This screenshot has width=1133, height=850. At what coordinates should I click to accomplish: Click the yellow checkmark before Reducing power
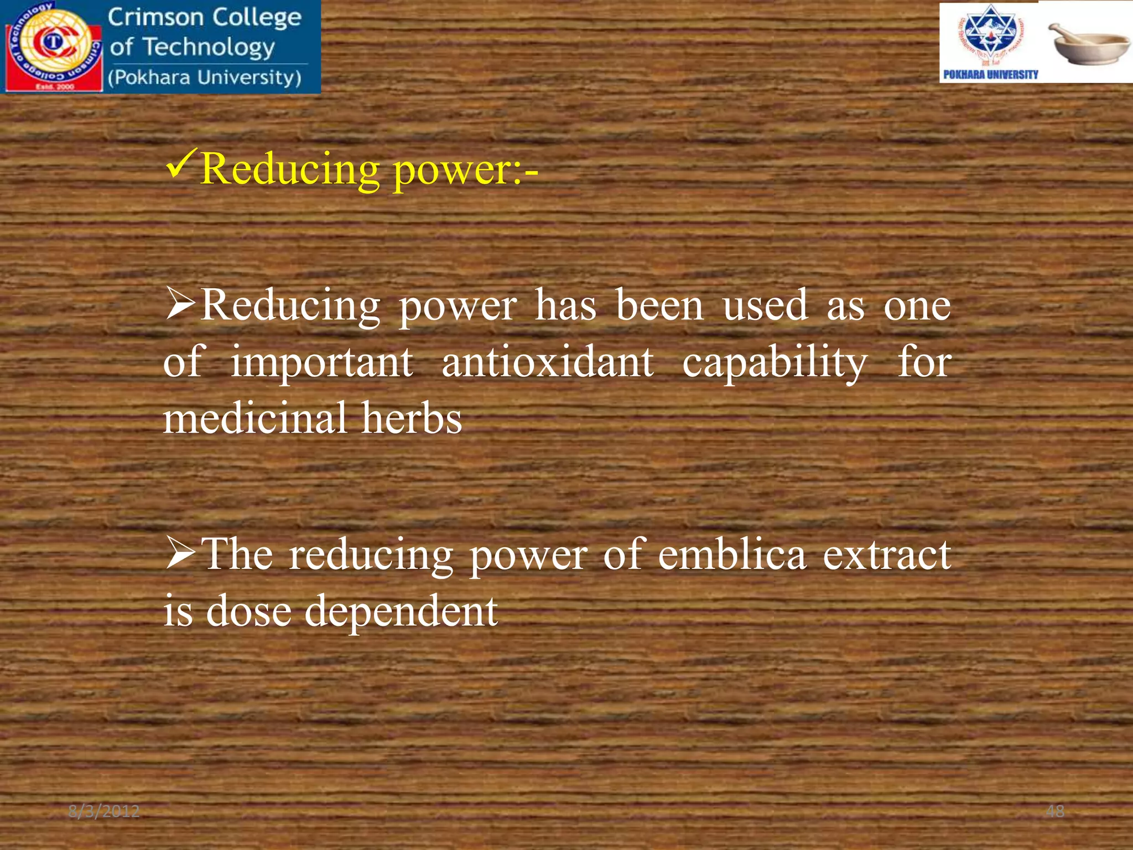click(181, 167)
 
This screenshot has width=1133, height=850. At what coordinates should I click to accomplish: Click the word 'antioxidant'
click(547, 362)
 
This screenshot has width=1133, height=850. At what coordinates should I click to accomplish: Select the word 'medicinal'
click(255, 418)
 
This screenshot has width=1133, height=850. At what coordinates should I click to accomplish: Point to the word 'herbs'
click(412, 418)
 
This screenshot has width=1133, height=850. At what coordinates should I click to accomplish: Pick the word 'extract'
click(886, 555)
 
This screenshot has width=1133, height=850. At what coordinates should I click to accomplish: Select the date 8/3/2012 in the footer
click(104, 811)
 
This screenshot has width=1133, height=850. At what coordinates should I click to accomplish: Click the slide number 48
click(1055, 811)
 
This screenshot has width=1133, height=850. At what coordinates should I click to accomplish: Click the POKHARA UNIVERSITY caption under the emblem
click(990, 75)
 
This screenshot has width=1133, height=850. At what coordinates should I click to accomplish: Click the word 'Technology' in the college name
click(209, 48)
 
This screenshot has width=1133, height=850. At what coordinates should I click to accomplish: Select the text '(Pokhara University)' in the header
click(205, 77)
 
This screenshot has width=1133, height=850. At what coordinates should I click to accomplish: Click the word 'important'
click(321, 364)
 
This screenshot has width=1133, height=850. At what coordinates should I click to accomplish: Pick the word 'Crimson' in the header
click(155, 18)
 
